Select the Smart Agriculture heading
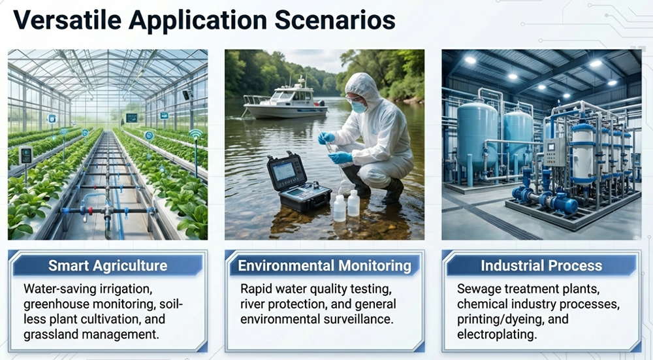(x=108, y=265)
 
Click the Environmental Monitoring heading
(x=325, y=265)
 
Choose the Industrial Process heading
(x=541, y=265)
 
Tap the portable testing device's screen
(x=283, y=172)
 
